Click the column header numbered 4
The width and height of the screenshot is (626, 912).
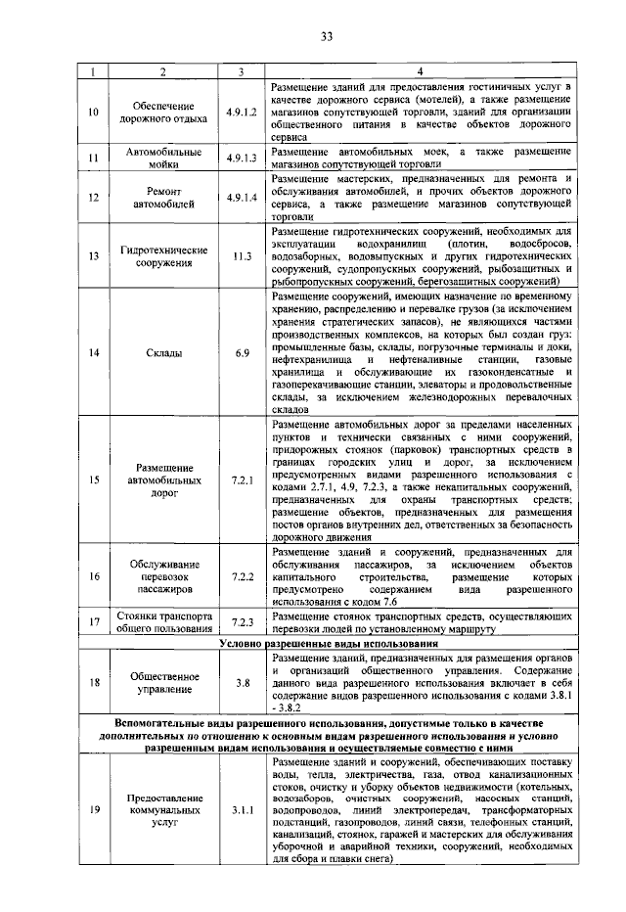click(x=420, y=71)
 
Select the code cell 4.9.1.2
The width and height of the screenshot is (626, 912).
click(x=241, y=113)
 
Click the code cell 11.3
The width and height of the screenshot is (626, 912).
click(x=241, y=256)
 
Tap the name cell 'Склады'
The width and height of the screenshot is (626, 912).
click(x=163, y=353)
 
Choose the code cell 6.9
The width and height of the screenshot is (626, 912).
click(x=241, y=353)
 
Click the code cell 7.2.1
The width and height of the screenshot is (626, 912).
click(x=241, y=480)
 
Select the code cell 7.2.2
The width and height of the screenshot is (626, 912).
click(x=241, y=576)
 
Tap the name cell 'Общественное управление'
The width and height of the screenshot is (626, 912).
click(x=163, y=683)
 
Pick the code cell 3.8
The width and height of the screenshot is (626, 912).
click(x=241, y=683)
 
